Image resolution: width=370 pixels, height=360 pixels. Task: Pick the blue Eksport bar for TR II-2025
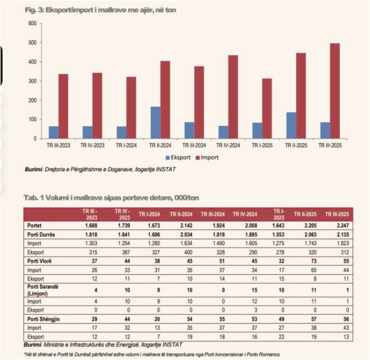click(x=291, y=125)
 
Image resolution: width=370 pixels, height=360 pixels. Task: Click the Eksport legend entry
click(x=179, y=157)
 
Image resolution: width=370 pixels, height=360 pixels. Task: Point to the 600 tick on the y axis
click(x=32, y=24)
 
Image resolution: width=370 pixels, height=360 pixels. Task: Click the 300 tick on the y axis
click(x=32, y=81)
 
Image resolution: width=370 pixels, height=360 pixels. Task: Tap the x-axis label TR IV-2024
click(x=227, y=146)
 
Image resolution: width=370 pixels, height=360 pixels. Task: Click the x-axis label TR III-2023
click(x=57, y=146)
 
